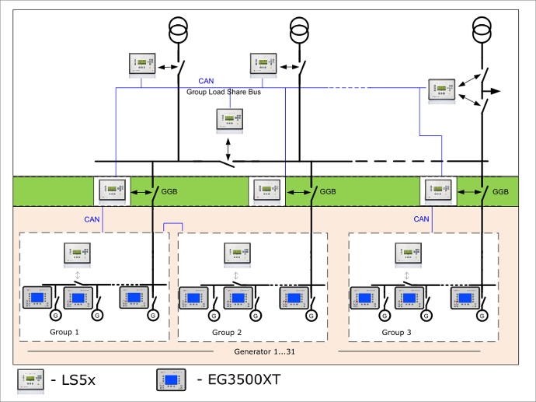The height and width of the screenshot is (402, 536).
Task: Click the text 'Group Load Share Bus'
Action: point(224,92)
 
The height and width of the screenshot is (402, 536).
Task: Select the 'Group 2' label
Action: point(227,332)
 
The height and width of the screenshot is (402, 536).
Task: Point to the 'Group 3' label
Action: point(397,332)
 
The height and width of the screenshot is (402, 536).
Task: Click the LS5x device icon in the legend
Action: point(32,379)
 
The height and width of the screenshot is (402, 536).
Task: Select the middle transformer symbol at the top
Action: point(298,31)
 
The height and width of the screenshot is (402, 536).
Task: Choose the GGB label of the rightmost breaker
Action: point(500,191)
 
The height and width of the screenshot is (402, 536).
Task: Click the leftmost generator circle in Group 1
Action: point(55,316)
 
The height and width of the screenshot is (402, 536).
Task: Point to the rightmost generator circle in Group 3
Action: point(482,316)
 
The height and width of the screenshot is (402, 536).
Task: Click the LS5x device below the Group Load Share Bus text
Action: point(228,121)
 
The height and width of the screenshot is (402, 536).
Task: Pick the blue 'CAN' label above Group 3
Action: point(421,219)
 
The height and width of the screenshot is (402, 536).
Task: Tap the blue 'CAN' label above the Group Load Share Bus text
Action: point(206,81)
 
